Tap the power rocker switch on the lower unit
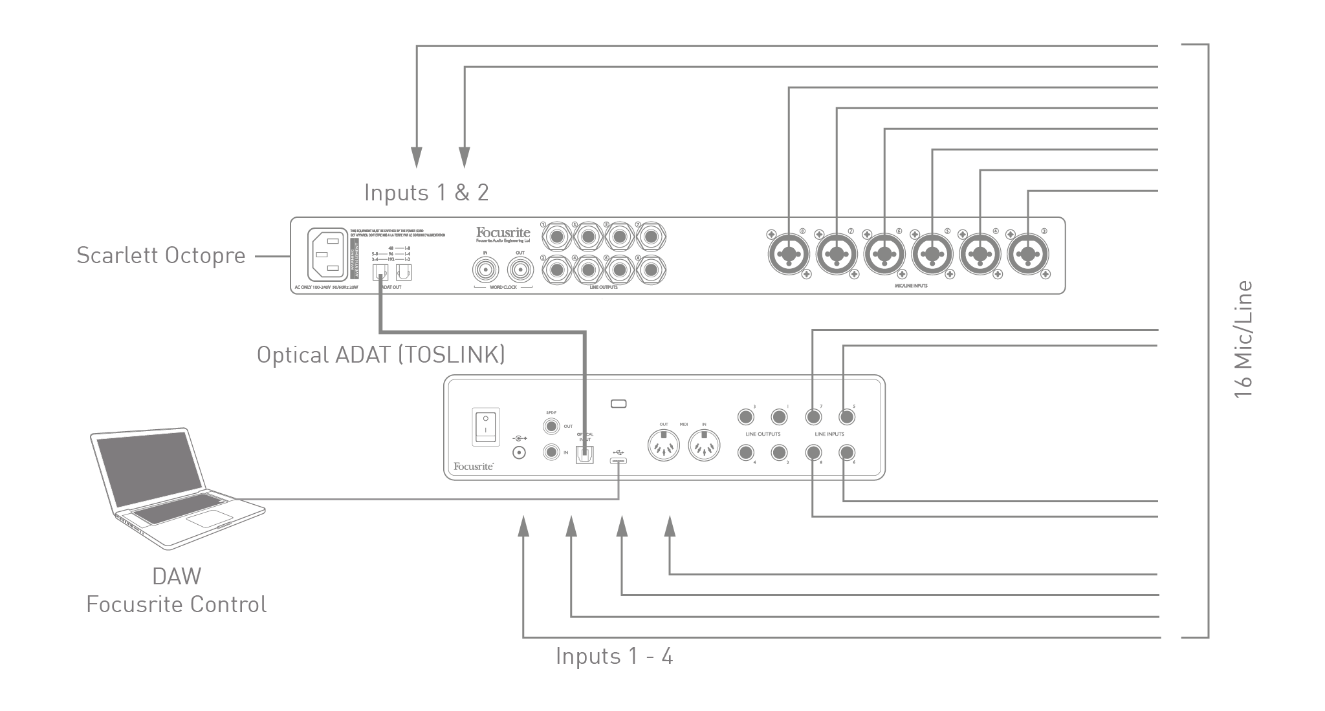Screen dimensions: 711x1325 [485, 426]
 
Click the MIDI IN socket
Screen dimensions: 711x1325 [704, 445]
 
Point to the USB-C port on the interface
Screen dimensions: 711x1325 [618, 460]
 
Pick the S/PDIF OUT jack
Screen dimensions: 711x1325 [551, 427]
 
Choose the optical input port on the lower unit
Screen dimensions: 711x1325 [585, 455]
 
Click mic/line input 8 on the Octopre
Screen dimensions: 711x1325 [789, 255]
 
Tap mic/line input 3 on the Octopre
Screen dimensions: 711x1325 [1029, 255]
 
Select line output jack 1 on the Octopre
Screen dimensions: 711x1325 [556, 237]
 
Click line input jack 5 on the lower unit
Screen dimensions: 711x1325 [845, 417]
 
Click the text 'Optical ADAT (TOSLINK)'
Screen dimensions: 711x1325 [380, 355]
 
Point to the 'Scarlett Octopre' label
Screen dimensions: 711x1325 [161, 255]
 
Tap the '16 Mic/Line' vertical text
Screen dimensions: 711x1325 [1243, 339]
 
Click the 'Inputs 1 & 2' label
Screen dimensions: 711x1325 [426, 193]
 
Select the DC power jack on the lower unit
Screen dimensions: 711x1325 [518, 452]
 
